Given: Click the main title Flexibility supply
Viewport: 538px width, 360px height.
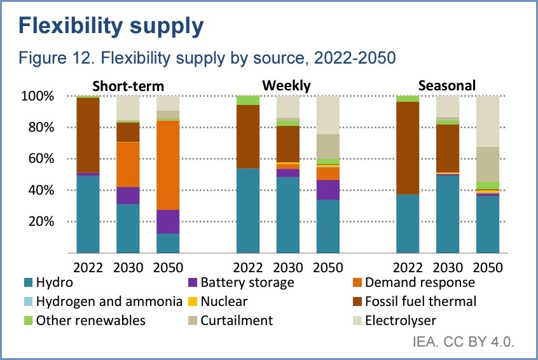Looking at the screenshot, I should (112, 26).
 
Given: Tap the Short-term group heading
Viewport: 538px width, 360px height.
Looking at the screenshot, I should (128, 85).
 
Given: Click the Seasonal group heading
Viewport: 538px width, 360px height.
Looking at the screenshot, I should (447, 85).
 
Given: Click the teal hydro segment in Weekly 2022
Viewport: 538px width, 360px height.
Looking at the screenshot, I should (248, 211).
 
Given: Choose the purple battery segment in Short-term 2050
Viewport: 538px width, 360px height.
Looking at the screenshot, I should (168, 221).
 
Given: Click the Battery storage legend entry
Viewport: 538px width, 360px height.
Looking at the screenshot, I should (247, 282).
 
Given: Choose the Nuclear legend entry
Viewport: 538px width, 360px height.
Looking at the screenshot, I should (222, 301).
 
